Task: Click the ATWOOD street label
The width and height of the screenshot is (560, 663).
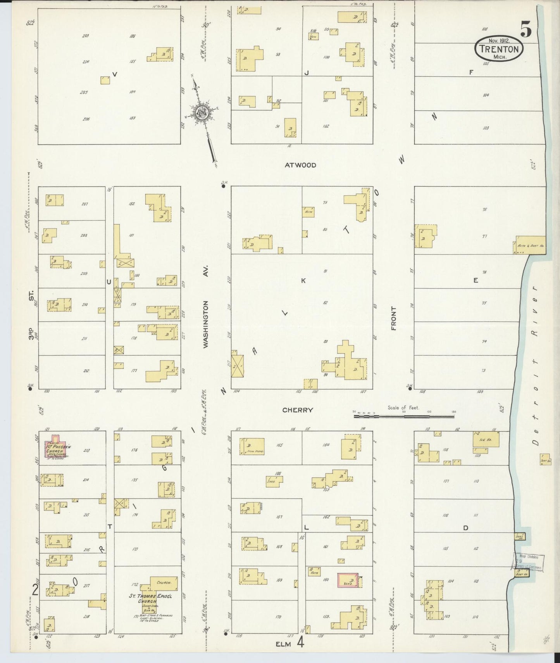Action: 300,165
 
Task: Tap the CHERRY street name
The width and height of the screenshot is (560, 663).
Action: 298,410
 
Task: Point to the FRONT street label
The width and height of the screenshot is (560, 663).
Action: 394,318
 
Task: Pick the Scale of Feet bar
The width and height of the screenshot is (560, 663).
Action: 403,417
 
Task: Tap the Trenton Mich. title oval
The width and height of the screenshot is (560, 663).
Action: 499,48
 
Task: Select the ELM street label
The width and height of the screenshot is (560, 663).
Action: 283,644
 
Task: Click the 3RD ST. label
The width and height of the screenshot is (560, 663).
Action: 31,316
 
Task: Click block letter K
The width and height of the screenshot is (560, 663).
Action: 303,280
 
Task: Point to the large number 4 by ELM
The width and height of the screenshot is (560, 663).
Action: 300,643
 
